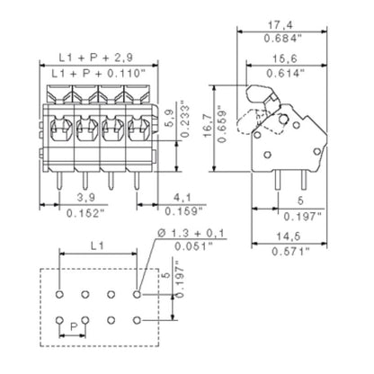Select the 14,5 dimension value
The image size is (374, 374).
[289, 236]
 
